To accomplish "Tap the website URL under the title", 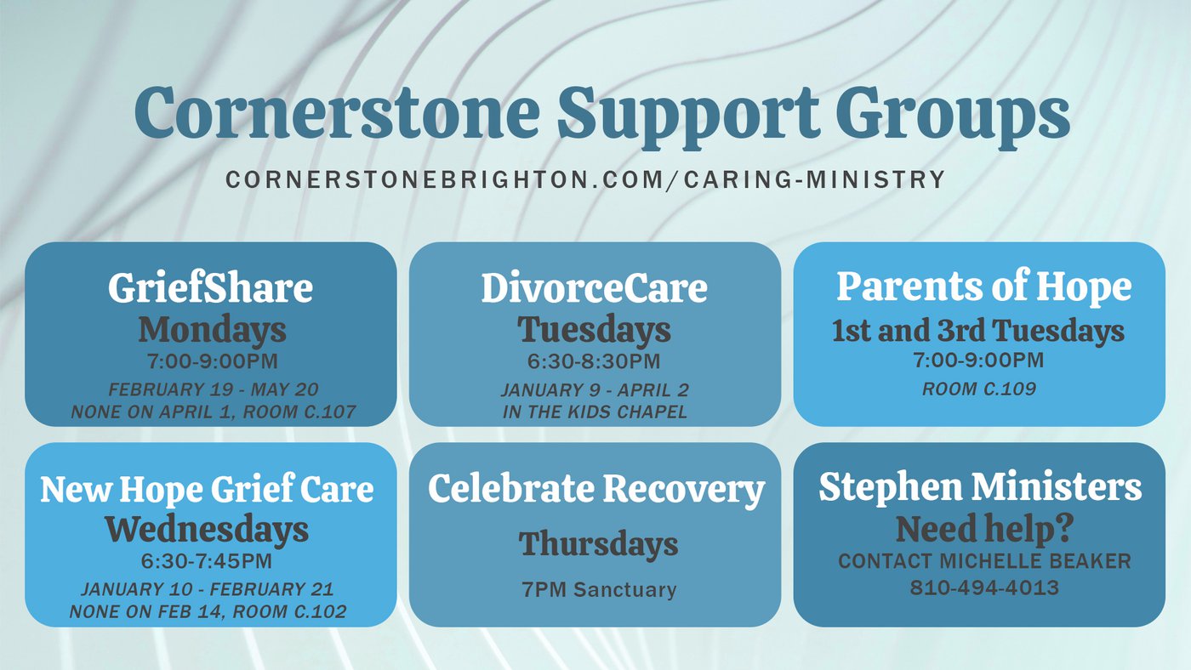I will coord(585,180).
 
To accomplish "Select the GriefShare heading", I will coord(210,288).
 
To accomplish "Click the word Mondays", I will coord(212,330).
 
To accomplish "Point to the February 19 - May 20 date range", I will coord(212,390).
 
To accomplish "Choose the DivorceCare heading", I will coord(594,288).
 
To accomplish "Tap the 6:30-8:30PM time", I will coord(594,361).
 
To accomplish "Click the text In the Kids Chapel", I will coord(594,412).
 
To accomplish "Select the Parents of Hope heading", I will coord(983,287).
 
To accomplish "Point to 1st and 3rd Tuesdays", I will coord(978,331).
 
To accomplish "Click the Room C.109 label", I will coord(979,389).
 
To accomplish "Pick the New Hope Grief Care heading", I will coord(207,489).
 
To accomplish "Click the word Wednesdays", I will coord(207,530).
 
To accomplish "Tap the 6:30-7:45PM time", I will coord(207,562).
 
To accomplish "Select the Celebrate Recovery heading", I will coord(595,489).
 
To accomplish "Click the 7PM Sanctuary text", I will coord(599,590).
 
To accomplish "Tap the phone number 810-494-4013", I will coord(984,588).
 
